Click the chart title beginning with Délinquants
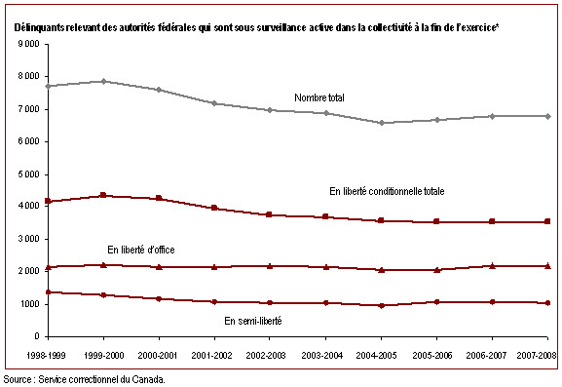[x=256, y=27]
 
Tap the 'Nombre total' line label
[x=319, y=97]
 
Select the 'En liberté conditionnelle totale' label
[x=387, y=191]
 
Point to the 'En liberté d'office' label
[x=141, y=250]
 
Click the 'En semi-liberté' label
[x=253, y=321]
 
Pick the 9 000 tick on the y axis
[x=28, y=44]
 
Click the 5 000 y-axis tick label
[x=28, y=174]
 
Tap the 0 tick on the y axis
[x=37, y=336]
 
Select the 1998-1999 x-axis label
[x=46, y=356]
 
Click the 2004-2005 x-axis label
[x=376, y=356]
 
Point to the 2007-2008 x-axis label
[x=537, y=356]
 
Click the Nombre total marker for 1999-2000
[x=103, y=82]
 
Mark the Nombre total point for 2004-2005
[x=382, y=123]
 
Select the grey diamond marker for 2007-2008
[x=548, y=116]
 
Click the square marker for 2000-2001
[x=159, y=198]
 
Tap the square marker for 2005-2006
[x=436, y=221]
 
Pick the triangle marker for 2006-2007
[x=493, y=266]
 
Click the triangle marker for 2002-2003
[x=270, y=266]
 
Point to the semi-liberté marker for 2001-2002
[x=214, y=302]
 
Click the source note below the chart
[x=84, y=379]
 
